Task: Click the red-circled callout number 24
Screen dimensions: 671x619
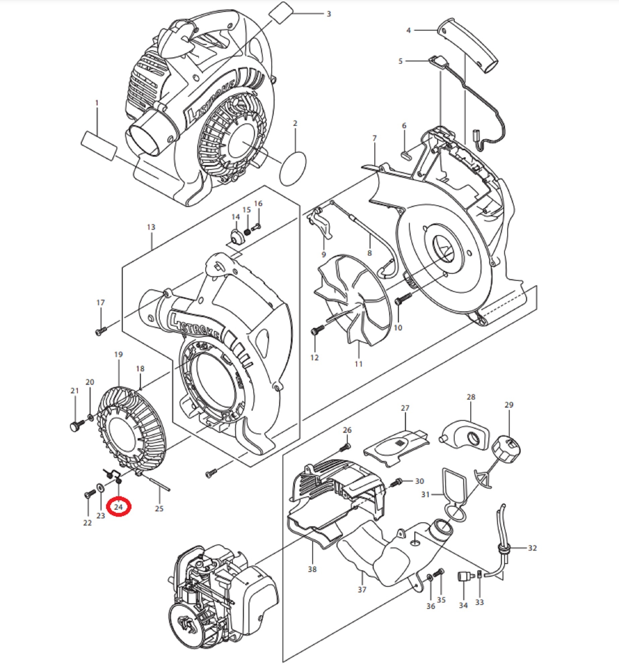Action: point(118,507)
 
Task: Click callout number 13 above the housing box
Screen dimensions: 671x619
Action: point(151,227)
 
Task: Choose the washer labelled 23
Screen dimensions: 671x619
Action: point(100,487)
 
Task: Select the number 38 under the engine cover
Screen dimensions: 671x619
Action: point(312,569)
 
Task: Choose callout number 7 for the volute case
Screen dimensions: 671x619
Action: point(374,138)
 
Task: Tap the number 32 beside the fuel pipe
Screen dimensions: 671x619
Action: point(532,548)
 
